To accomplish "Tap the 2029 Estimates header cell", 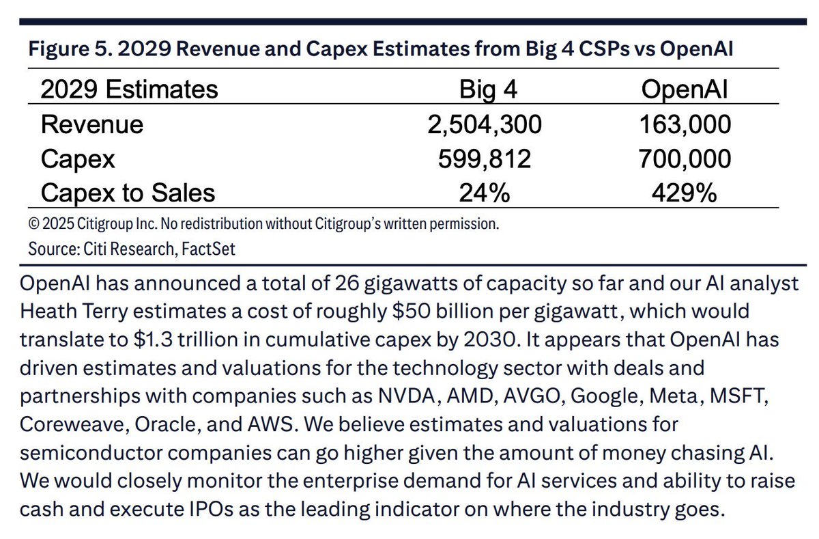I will click(130, 89).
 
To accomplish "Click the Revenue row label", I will click(92, 124).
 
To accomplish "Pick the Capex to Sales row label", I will click(128, 193).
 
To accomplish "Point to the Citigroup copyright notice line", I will click(263, 223).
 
